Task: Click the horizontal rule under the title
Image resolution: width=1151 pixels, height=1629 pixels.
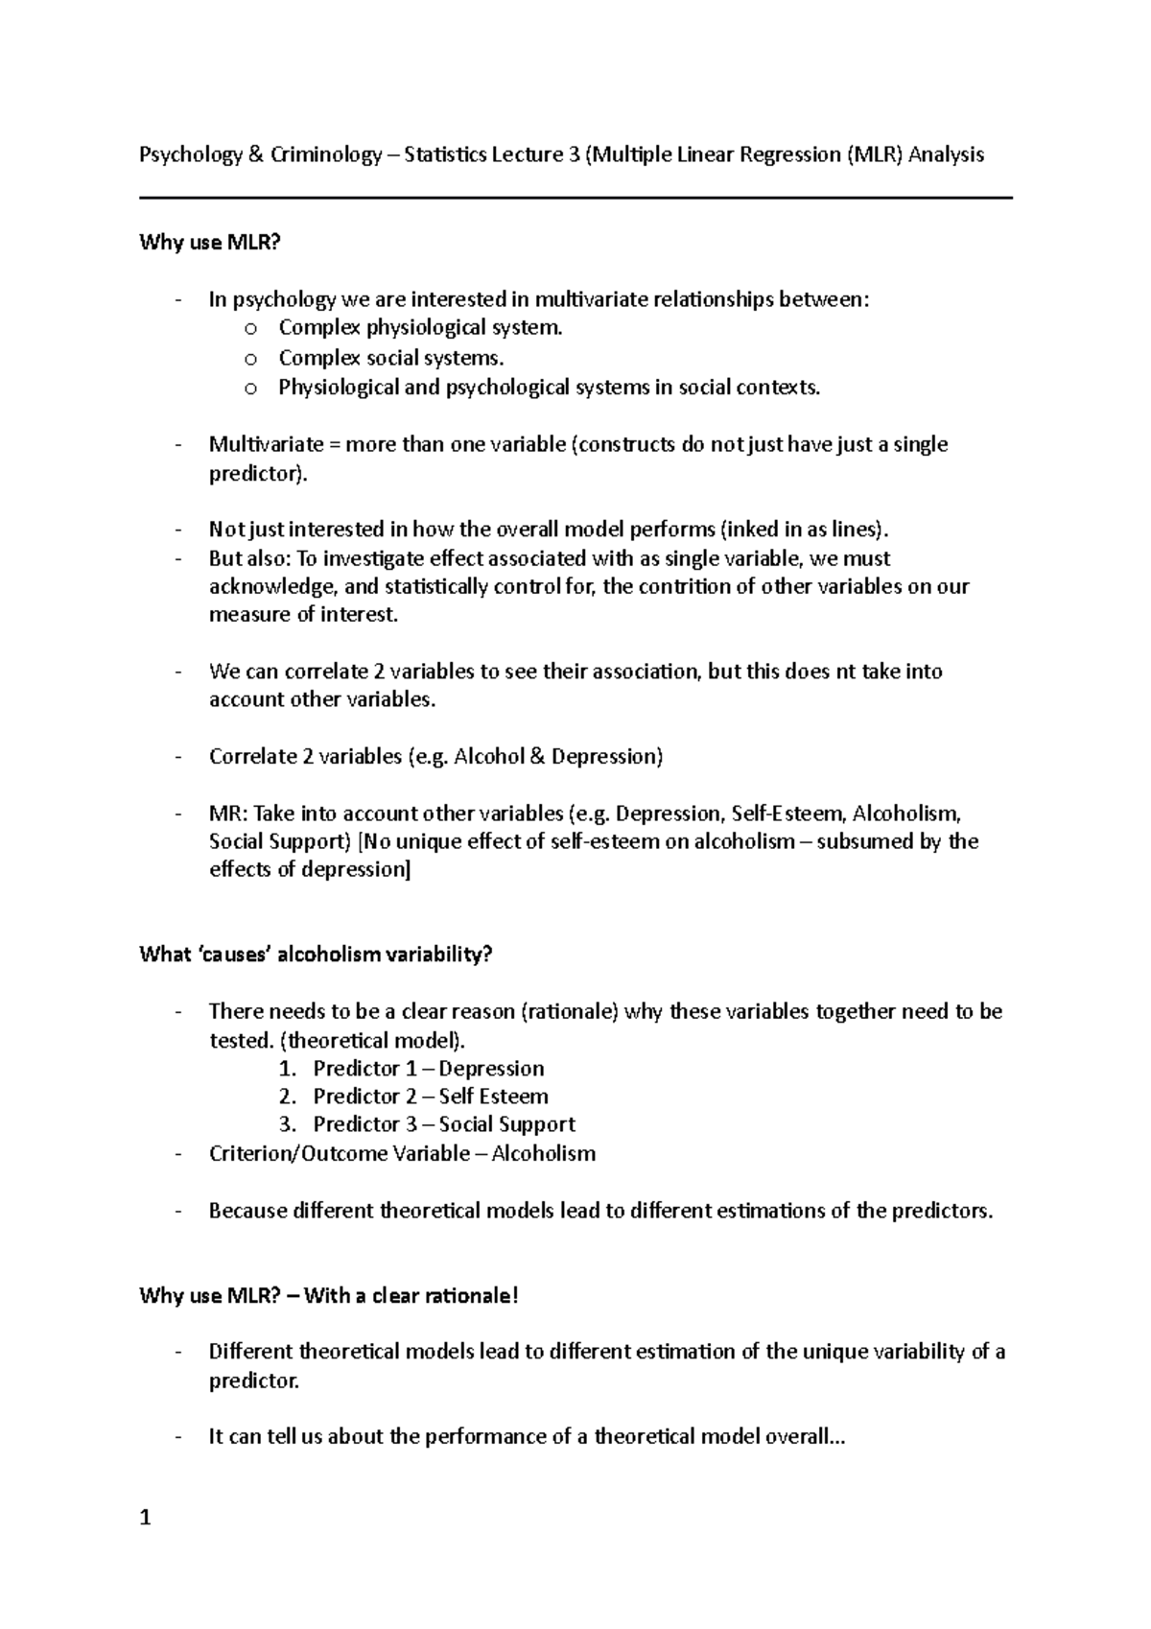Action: pyautogui.click(x=575, y=199)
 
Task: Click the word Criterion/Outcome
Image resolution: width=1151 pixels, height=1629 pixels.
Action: pyautogui.click(x=299, y=1154)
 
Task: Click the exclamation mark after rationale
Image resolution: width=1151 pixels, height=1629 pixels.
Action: pyautogui.click(x=515, y=1296)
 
